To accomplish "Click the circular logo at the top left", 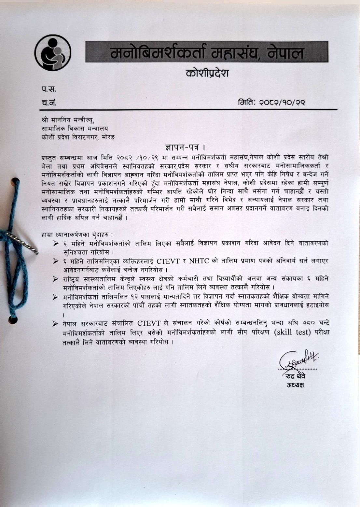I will pyautogui.click(x=53, y=52).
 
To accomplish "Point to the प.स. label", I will pyautogui.click(x=49, y=89).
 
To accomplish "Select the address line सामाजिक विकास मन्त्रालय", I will pyautogui.click(x=75, y=129).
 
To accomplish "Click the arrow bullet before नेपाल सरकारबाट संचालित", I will pyautogui.click(x=56, y=324).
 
